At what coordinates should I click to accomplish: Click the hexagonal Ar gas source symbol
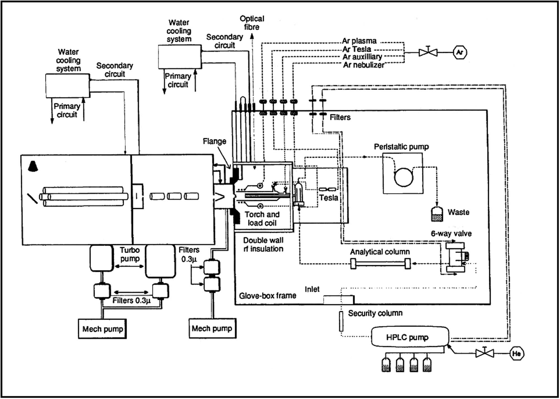click(459, 52)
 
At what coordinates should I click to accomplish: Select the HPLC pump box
click(410, 337)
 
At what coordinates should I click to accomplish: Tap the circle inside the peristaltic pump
click(403, 177)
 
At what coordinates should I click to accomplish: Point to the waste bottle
click(437, 214)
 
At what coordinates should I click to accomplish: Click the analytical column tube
click(381, 264)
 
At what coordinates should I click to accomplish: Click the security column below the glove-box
click(341, 321)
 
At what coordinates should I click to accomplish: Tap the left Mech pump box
click(102, 329)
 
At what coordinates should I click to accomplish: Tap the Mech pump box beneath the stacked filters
click(212, 328)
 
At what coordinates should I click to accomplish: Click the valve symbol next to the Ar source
click(428, 52)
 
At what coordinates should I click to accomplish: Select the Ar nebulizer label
click(363, 65)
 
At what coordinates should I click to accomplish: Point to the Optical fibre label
click(252, 23)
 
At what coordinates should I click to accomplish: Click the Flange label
click(214, 141)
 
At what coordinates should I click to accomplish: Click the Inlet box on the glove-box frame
click(339, 300)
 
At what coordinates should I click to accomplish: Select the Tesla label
click(328, 198)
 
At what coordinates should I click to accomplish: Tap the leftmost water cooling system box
click(67, 86)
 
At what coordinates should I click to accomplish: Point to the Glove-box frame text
click(267, 296)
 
